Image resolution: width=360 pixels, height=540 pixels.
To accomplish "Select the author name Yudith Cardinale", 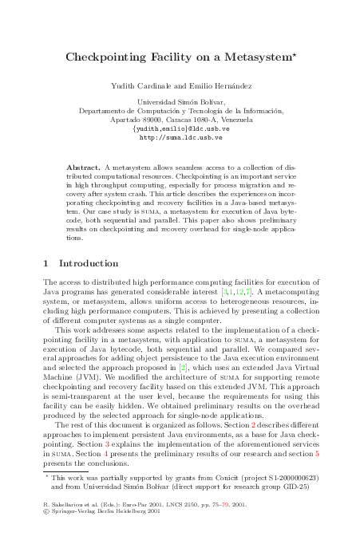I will (139, 85).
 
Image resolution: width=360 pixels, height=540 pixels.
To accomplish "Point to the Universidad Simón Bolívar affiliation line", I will (180, 102).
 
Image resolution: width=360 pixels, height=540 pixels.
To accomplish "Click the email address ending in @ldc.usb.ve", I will (180, 128).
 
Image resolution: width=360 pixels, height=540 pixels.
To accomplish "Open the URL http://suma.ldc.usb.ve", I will (180, 137).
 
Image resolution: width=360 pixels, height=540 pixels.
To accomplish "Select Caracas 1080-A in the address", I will (171, 120).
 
